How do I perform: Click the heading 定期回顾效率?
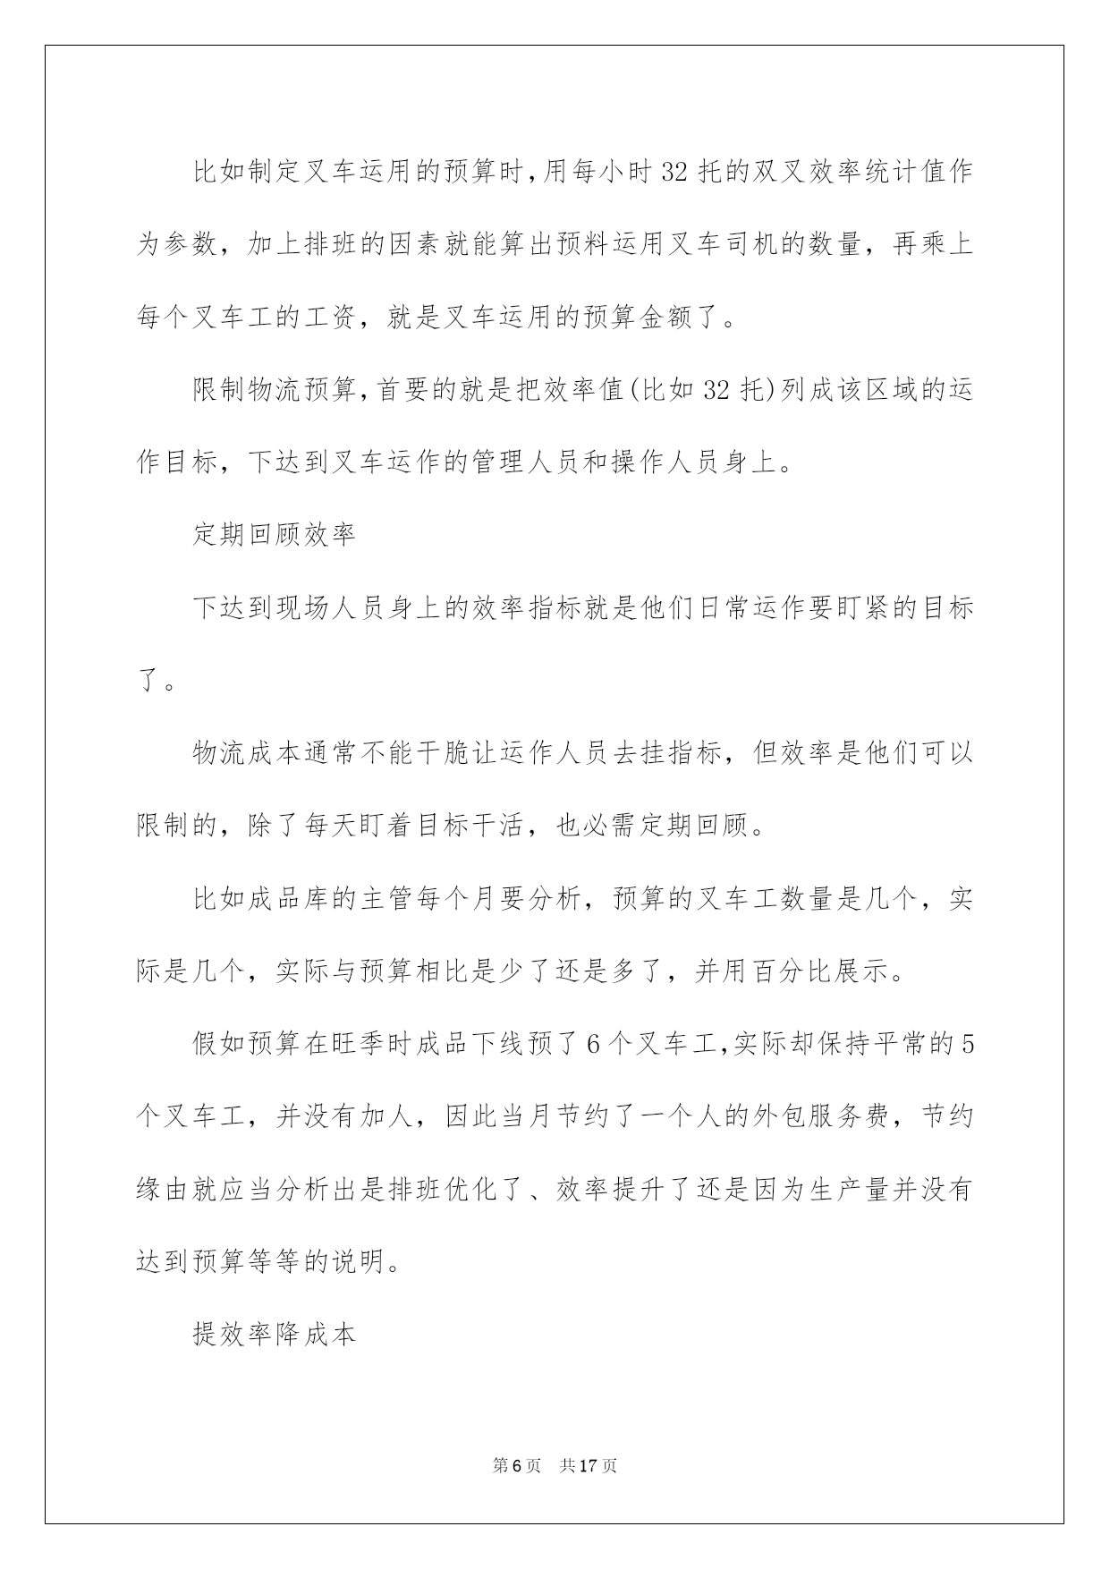click(275, 534)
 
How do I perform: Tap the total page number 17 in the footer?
click(588, 1465)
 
